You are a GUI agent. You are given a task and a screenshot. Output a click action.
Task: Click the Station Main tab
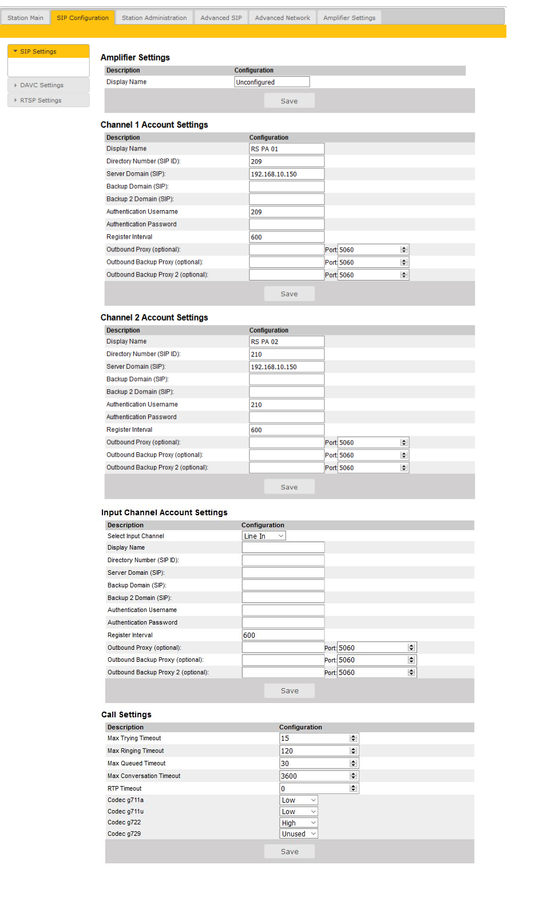[25, 18]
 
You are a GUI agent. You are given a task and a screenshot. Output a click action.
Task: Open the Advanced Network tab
[282, 18]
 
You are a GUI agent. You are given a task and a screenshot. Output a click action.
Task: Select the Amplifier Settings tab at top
[349, 18]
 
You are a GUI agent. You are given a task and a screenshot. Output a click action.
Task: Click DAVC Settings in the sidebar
[42, 85]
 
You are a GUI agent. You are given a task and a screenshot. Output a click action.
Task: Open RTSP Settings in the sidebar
[41, 100]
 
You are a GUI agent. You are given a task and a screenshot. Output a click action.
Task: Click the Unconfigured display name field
[272, 82]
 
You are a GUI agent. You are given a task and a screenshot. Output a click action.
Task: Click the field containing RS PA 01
[287, 149]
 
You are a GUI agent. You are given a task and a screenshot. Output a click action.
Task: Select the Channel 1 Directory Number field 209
[287, 161]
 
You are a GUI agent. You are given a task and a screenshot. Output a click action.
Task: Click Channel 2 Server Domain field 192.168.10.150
[287, 367]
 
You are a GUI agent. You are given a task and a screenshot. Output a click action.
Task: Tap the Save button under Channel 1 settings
[289, 294]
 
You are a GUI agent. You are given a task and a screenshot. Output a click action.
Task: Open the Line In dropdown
[264, 536]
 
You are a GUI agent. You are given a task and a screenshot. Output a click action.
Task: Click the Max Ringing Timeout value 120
[314, 751]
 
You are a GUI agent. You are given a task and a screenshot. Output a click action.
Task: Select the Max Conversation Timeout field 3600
[314, 776]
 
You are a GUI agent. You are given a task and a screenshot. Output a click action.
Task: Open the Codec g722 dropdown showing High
[299, 823]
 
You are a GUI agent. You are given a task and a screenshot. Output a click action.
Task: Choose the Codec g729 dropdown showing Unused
[299, 834]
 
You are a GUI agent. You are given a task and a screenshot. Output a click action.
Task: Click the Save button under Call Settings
[290, 851]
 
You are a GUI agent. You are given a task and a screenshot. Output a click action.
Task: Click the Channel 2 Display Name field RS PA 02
[287, 342]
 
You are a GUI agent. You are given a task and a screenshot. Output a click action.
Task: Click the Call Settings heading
[126, 714]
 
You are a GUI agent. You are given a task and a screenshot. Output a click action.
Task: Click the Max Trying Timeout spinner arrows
[353, 739]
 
